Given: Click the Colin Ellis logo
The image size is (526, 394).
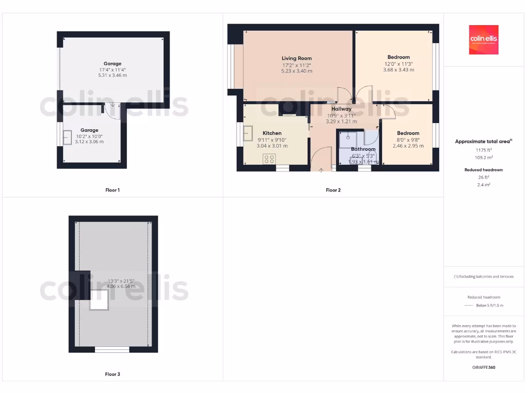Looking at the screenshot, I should click(x=483, y=40).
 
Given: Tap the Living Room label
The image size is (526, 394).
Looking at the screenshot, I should click(x=296, y=58).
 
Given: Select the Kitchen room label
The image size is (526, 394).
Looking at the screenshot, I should click(x=272, y=133).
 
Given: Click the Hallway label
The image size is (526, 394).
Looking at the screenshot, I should click(x=341, y=109).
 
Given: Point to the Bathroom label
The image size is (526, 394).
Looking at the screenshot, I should click(x=363, y=149).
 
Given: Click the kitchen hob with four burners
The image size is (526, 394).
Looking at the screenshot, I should click(x=269, y=159).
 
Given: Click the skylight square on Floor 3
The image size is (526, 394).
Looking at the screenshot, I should click(x=99, y=299).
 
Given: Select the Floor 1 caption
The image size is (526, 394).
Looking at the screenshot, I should click(x=112, y=190).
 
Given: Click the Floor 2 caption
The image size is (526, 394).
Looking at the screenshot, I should click(x=333, y=190).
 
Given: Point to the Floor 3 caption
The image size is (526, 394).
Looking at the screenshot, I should click(x=112, y=375).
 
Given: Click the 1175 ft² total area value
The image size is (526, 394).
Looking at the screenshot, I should click(x=483, y=150).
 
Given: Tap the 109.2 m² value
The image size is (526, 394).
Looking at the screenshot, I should click(x=483, y=157).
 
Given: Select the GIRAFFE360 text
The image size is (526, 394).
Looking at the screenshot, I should click(x=483, y=367).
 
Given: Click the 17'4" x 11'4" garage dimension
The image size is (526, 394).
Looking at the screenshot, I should click(x=112, y=70).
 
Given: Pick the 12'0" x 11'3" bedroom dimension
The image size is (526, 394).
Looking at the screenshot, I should click(x=399, y=64).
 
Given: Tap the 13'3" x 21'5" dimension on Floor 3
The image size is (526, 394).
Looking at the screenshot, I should click(x=121, y=281).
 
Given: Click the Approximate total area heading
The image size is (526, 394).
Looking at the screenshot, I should click(x=483, y=142).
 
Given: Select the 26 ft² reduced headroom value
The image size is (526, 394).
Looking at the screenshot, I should click(x=483, y=178).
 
